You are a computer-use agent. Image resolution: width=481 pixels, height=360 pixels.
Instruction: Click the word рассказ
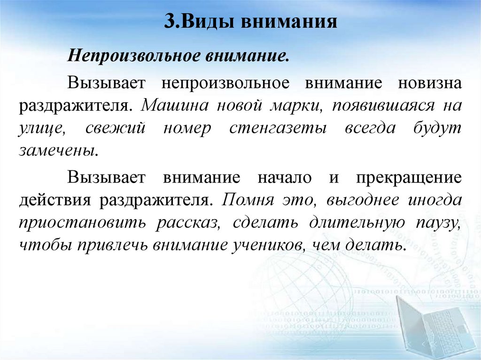[x=186, y=223]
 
